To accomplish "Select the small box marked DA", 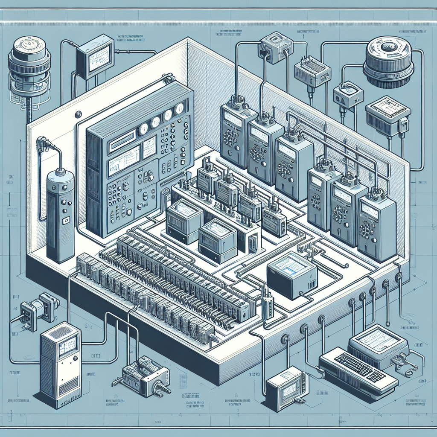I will pos(347,94).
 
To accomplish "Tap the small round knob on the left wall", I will pos(78,114).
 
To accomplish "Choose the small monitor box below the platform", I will pos(285,388).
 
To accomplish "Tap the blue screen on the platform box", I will pos(294,264).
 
